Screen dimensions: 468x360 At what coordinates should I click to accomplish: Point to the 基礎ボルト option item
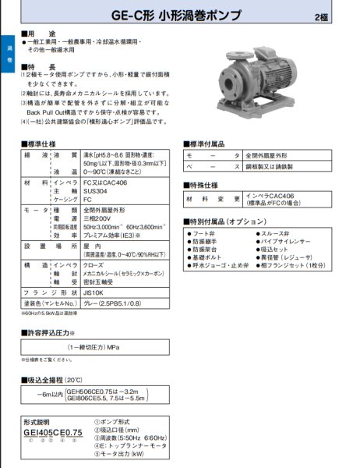click(210, 259)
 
